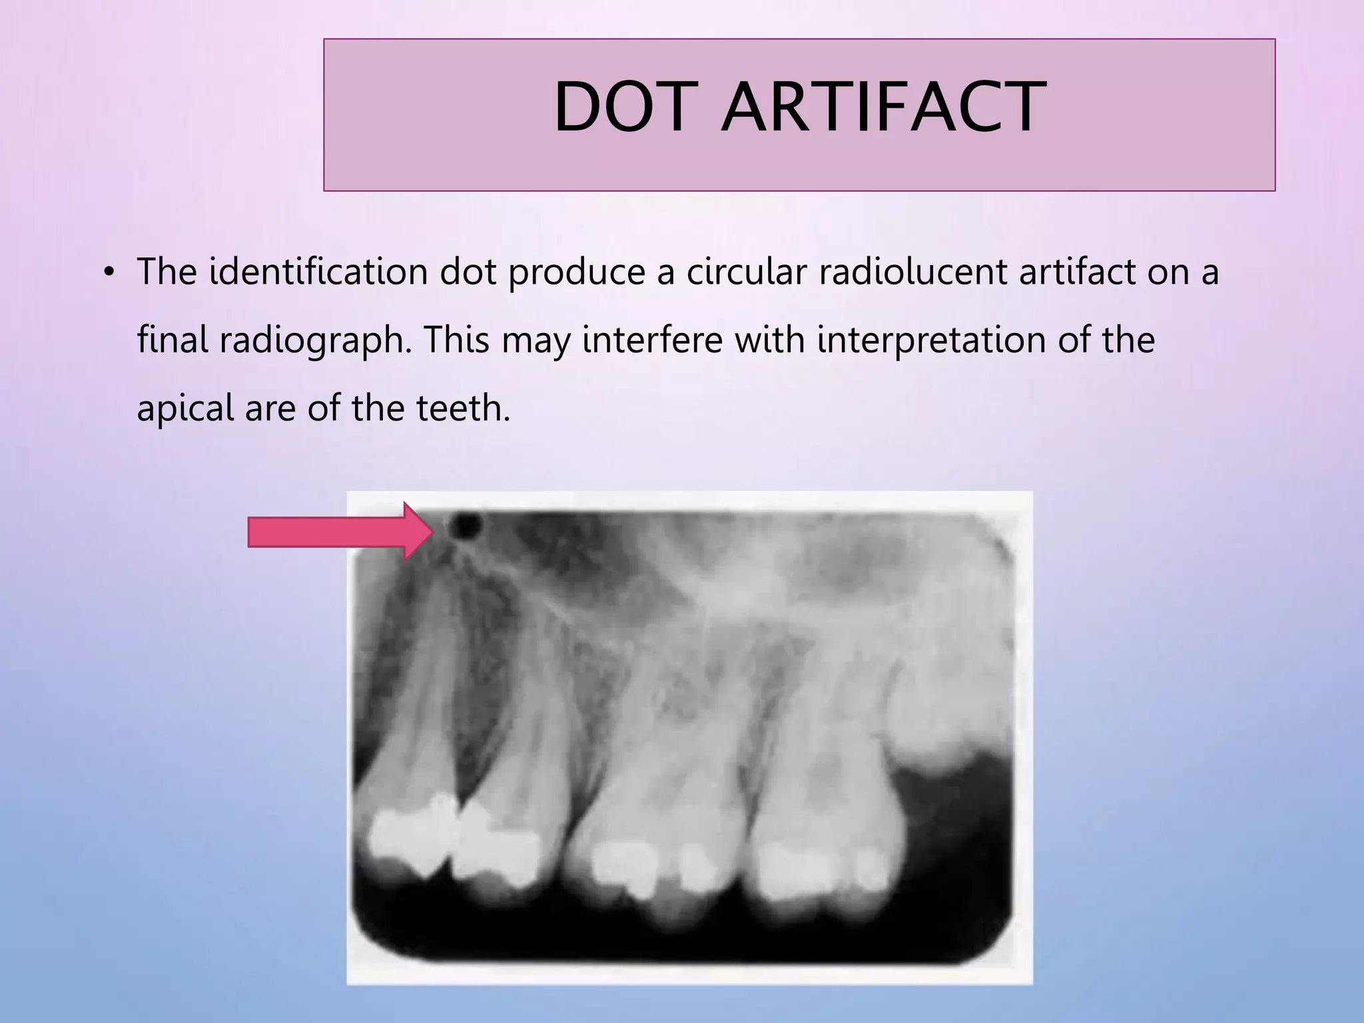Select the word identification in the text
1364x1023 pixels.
tap(318, 272)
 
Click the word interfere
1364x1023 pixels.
tap(651, 340)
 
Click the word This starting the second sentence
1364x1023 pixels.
tap(456, 340)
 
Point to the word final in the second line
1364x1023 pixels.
tap(172, 340)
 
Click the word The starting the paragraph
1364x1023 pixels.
tap(167, 272)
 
